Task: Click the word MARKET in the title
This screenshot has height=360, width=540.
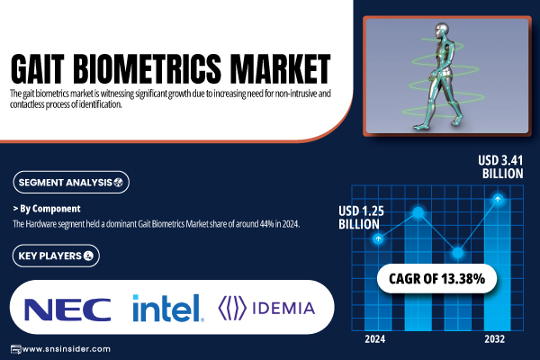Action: tap(280, 68)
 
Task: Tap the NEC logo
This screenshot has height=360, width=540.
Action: tap(67, 310)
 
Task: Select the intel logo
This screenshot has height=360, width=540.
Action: tap(167, 308)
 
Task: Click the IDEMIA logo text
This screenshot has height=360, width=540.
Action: tap(283, 309)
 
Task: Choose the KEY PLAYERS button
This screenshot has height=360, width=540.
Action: tap(56, 256)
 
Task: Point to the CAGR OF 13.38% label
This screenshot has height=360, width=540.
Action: tap(436, 278)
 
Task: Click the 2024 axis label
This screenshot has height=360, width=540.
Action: tap(375, 339)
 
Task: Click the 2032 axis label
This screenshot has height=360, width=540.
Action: tap(494, 339)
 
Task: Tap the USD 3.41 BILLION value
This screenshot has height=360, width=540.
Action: tap(500, 166)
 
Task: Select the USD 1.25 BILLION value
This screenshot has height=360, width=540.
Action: tap(361, 218)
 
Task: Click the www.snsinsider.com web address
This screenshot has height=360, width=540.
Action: tap(66, 349)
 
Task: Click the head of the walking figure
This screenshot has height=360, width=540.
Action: tap(442, 29)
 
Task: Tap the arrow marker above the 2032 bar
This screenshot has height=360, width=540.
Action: tap(498, 199)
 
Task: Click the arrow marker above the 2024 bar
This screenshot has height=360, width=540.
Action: tap(378, 238)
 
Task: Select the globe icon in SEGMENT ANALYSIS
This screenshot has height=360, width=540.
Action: tap(118, 182)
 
